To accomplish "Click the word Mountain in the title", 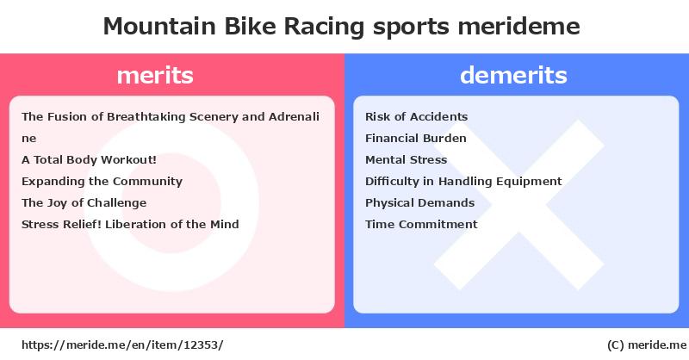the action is point(159,26).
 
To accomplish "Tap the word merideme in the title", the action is point(519,26).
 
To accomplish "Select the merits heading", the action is point(155,75).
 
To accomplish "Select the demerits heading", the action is point(513,75).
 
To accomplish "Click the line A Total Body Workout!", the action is point(89,159).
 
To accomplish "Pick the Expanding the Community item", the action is point(102,181).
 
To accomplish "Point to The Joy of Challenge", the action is point(84,202).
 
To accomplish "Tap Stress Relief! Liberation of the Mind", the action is point(130,224).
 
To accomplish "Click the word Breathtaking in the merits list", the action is point(146,116).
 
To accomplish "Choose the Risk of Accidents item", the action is point(416,116).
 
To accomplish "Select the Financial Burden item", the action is point(416,138).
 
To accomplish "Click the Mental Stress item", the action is point(406,159).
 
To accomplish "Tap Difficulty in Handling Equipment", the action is point(463,181).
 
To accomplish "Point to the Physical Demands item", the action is point(419,202).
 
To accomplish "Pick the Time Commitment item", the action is point(421,224).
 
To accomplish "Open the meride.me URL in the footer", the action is point(122,344).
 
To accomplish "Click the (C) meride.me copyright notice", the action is point(647,345).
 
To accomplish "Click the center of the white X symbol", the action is point(519,204).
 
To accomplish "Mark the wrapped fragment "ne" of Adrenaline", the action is point(29,139).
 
